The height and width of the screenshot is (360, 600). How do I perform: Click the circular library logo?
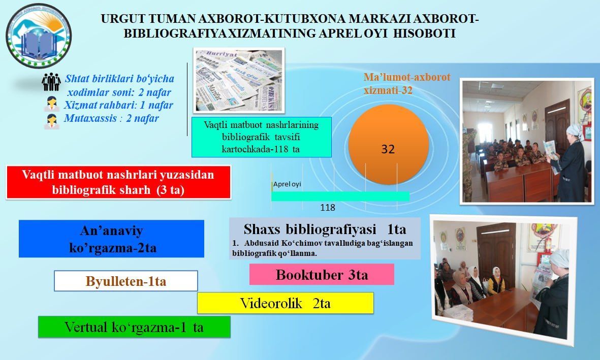pos(39,36)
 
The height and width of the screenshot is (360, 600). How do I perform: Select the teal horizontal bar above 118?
pos(340,196)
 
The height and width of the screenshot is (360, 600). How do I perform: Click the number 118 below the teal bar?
pos(327,208)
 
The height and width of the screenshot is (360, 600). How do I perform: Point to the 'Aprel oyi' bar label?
pos(287,184)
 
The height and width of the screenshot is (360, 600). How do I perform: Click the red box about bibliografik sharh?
pos(118,182)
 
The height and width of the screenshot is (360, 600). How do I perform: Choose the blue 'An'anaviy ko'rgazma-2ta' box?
pos(111,239)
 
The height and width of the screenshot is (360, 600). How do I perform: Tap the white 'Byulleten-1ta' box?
pos(125,281)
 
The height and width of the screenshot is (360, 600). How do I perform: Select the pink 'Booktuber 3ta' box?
pos(322,275)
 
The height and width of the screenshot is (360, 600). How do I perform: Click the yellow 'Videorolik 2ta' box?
pos(285,303)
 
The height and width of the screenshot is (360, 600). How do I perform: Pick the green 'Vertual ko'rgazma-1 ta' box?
pos(134,327)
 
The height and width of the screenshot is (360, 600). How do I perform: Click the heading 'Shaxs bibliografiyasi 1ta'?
pos(325,228)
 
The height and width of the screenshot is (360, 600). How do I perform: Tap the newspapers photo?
pos(239,80)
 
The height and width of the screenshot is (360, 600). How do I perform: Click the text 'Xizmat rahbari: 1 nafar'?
pos(118,106)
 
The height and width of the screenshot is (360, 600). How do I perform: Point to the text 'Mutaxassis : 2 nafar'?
pos(111,119)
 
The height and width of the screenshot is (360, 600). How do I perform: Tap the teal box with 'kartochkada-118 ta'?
pos(261,137)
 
